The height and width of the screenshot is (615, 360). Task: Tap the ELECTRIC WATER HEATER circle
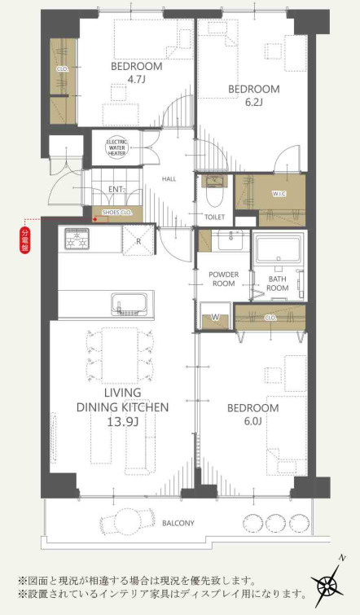point(116,147)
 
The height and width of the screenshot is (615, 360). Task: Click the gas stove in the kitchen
point(76,239)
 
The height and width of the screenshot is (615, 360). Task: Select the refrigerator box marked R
point(138,240)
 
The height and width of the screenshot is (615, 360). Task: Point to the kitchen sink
point(129,305)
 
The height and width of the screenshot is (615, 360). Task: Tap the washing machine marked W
point(214,317)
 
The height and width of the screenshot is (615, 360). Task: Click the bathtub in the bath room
point(279,249)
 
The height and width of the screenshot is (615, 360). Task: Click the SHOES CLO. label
point(116,212)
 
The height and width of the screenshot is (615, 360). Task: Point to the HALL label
point(169,179)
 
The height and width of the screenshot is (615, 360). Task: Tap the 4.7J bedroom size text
point(136,80)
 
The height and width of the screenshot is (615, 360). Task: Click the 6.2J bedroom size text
point(253,103)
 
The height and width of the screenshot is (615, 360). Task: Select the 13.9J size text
point(122,422)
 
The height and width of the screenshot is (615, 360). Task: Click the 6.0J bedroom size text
point(253,421)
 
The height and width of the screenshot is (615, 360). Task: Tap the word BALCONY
point(178,523)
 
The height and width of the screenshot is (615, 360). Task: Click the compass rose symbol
point(328,581)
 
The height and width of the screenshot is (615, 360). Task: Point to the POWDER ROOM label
point(223,279)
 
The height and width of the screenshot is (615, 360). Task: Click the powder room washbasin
point(233,240)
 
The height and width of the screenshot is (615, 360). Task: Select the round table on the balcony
point(127,521)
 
